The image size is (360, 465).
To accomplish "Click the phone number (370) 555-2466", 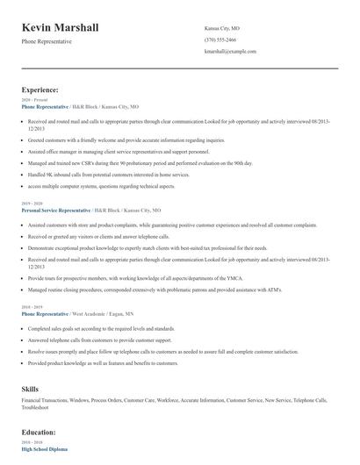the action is (220, 39).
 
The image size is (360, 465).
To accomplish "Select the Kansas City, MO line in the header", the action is (222, 27).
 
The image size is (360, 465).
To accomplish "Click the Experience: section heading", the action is (40, 89).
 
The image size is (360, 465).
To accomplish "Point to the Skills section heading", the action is (31, 387).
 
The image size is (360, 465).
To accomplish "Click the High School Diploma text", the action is (45, 450).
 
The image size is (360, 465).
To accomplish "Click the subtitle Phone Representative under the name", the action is (47, 41).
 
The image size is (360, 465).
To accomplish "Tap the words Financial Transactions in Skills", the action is (45, 400).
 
